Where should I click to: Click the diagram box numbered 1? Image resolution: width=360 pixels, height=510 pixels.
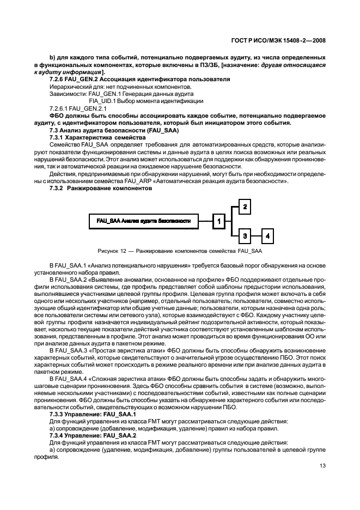pos(218,221)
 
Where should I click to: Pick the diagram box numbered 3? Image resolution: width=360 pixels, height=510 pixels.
pos(246,235)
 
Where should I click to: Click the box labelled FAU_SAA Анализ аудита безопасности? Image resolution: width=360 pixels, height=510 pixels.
pos(143,221)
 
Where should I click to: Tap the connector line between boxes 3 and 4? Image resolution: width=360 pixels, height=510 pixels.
pos(257,235)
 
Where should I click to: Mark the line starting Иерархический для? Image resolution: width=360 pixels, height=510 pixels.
pos(119,87)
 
